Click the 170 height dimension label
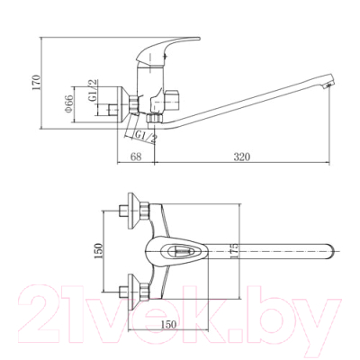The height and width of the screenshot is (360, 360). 36,82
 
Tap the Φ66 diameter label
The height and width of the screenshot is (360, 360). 68,103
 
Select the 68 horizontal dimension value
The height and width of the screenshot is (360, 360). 136,157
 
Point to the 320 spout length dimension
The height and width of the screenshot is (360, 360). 242,157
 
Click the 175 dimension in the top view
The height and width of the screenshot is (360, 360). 235,250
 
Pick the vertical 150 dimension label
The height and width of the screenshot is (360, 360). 98,251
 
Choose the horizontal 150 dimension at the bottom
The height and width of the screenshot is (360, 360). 168,324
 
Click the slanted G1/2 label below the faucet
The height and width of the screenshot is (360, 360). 146,136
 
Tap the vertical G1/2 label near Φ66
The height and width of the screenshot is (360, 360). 94,90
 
